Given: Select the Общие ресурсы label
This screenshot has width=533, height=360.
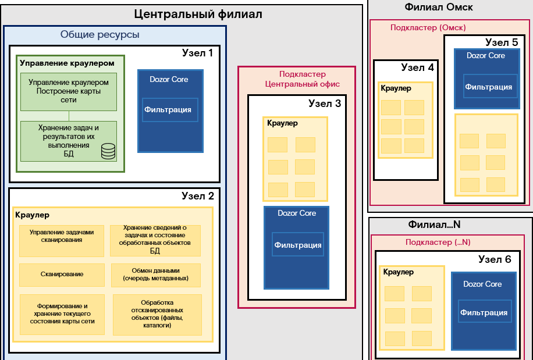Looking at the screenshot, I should pos(100,35).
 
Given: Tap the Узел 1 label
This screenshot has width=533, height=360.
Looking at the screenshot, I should pos(197,53).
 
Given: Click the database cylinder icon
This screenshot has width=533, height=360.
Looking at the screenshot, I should pos(108,151).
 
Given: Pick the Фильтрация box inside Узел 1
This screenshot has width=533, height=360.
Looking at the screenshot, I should pos(170,109).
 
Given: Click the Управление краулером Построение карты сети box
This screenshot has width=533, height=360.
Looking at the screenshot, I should pos(69,91).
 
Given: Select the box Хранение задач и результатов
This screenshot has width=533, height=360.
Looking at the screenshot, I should pos(69,141).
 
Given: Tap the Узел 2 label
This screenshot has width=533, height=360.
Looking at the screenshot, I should pos(197,196).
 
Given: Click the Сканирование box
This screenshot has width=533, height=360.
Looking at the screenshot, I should pos(62,275).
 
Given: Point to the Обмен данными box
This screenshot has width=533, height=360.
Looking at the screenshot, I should pos(155,275).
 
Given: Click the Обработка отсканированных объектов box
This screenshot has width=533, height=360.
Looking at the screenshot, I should pos(157,314).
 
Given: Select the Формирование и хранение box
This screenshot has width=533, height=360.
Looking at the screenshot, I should pos(62,313).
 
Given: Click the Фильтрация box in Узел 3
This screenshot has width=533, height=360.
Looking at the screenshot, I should pos(297,244).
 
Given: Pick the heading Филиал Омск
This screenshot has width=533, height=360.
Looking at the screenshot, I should pos(438,8).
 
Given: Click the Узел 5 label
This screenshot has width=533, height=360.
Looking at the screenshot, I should pos(501,42).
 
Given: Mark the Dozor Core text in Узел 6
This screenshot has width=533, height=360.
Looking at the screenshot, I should pos(482,284).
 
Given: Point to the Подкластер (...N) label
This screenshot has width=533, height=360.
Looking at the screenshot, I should pos(438,242).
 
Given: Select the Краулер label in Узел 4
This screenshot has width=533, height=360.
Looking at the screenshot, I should pos(396,88).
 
